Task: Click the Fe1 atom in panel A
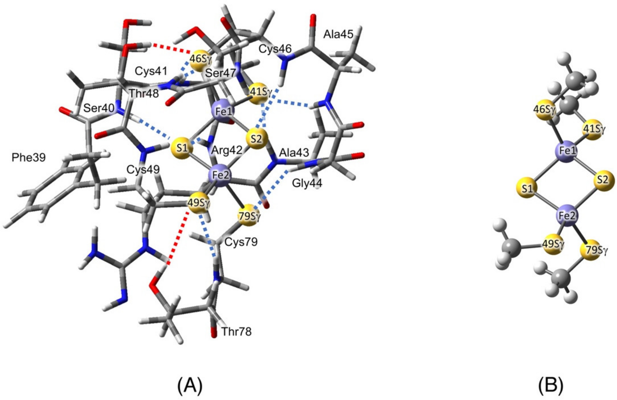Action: (x=223, y=112)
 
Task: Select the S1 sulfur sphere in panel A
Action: (x=182, y=149)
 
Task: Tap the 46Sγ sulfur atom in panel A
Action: (x=200, y=59)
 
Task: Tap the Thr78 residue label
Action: (x=236, y=331)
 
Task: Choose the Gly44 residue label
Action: (x=307, y=183)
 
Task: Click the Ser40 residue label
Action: (x=99, y=108)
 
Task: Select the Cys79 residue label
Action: (x=241, y=242)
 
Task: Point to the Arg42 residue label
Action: (x=227, y=150)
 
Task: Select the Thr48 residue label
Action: (x=144, y=93)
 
